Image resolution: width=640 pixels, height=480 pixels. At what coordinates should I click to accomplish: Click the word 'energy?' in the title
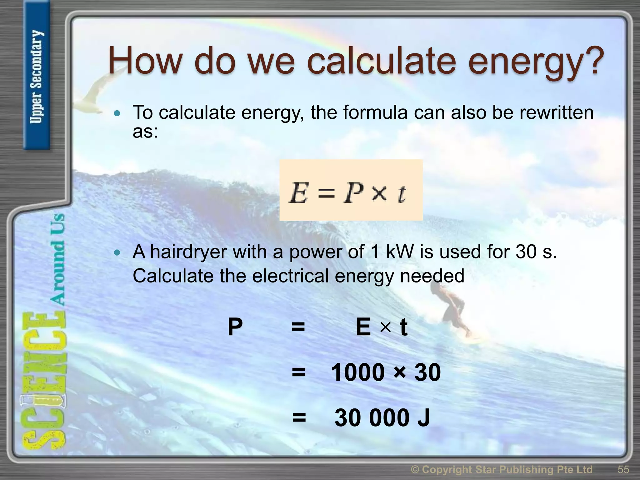pos(536,62)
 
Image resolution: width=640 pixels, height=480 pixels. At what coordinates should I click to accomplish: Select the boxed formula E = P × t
pos(351,190)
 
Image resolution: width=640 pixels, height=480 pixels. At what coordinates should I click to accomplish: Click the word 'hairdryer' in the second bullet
pos(188,252)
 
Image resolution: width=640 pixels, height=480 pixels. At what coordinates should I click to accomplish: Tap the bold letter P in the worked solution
pos(235,327)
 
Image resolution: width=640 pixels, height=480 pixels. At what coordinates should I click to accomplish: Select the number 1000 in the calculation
pos(357,372)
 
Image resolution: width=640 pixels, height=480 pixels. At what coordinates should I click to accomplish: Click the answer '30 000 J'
pos(382,417)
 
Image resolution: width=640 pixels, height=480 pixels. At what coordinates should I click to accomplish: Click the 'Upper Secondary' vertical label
pos(37,77)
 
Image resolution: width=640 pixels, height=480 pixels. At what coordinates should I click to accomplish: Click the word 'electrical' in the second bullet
pos(290,276)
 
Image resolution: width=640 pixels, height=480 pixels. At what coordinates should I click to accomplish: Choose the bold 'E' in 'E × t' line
pos(363,327)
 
